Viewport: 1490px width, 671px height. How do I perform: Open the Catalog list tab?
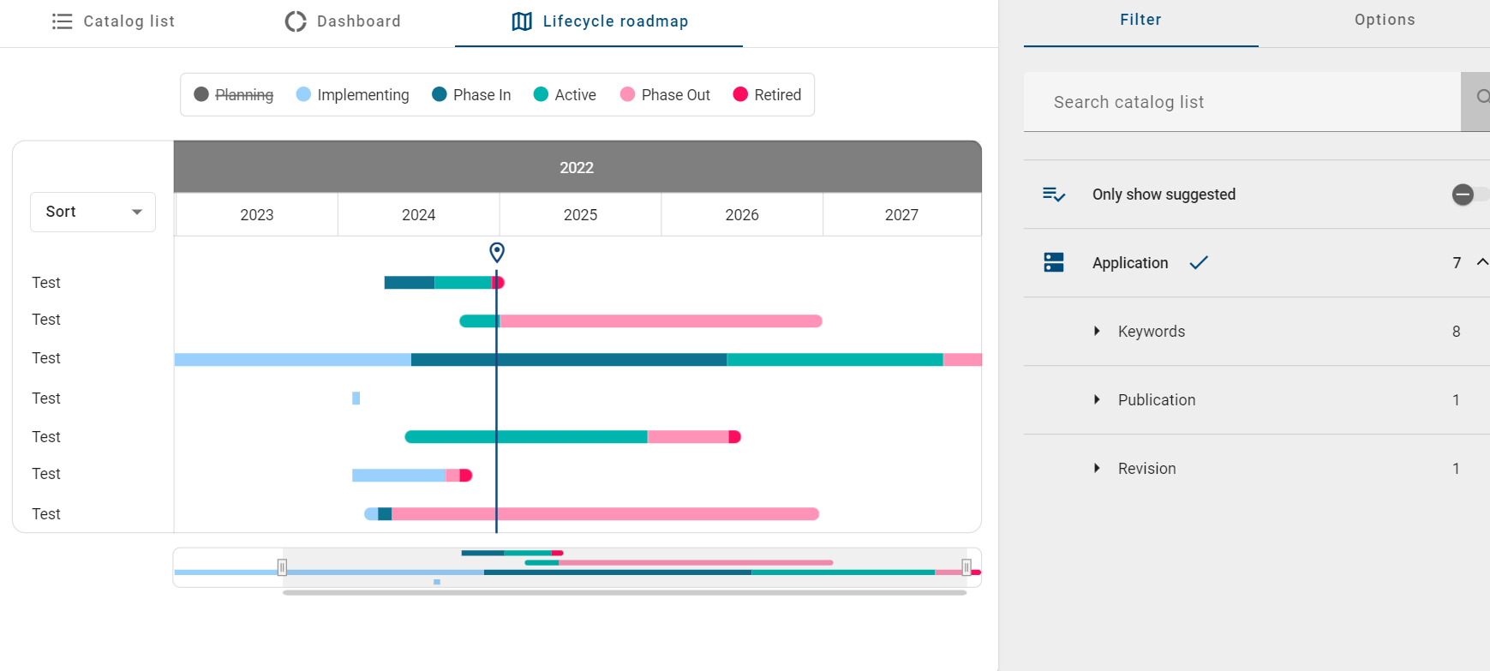pos(114,21)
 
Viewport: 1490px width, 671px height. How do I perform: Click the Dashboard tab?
pos(343,21)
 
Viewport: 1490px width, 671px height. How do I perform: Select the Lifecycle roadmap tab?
pos(599,21)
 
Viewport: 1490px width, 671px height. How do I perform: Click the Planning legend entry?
pos(234,95)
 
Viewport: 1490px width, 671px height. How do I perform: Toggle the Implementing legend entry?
pos(352,95)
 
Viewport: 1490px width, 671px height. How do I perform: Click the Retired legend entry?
pos(767,95)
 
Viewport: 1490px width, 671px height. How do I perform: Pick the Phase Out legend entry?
pos(665,95)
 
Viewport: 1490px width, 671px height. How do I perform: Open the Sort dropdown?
pos(93,212)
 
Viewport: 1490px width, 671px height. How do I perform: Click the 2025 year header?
pos(580,215)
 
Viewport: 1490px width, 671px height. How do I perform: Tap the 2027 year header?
pos(901,215)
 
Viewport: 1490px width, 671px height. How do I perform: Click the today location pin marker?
pos(497,252)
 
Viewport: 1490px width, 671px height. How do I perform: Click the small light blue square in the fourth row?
pos(356,398)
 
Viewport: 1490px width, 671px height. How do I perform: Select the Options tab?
pos(1384,20)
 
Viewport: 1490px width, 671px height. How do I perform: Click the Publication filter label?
pos(1156,400)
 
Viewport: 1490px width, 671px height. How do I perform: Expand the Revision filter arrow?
pos(1097,469)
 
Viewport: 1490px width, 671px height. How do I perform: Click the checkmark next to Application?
pos(1199,263)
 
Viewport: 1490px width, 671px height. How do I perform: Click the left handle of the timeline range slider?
pos(282,566)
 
